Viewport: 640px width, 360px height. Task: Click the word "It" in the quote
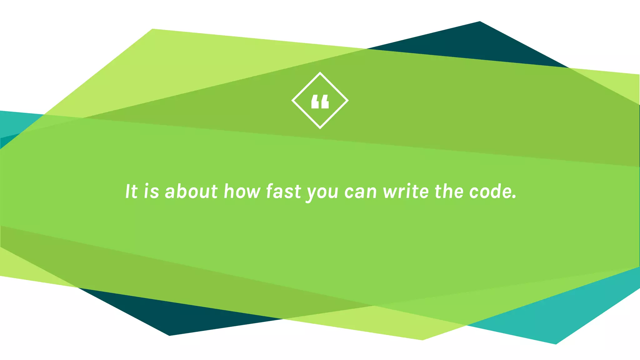click(131, 191)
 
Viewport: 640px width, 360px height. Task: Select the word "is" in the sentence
click(152, 191)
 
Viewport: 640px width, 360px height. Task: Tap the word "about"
click(191, 191)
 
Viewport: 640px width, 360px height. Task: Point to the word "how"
click(242, 191)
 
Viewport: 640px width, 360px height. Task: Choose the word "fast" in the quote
click(283, 191)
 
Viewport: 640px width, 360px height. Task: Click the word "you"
click(322, 192)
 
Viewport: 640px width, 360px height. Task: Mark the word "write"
click(406, 191)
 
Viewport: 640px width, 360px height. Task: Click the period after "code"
click(514, 197)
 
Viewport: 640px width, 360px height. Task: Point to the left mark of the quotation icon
click(315, 102)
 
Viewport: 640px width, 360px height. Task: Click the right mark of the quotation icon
click(325, 102)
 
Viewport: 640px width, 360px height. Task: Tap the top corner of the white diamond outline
click(320, 73)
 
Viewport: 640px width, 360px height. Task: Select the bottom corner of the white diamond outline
click(320, 128)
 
